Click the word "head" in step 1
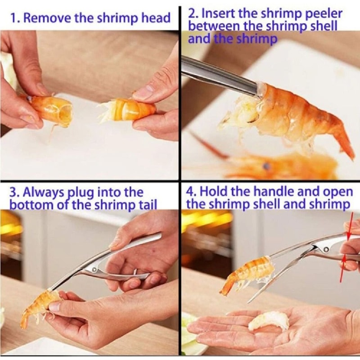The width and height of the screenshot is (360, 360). tap(158, 18)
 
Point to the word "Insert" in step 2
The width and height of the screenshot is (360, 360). tap(220, 13)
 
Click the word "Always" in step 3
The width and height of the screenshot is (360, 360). tap(45, 193)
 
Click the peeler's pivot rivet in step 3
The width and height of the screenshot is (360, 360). tap(94, 270)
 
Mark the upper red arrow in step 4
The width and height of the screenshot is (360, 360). tap(351, 231)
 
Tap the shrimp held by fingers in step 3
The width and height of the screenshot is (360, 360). tap(40, 306)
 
